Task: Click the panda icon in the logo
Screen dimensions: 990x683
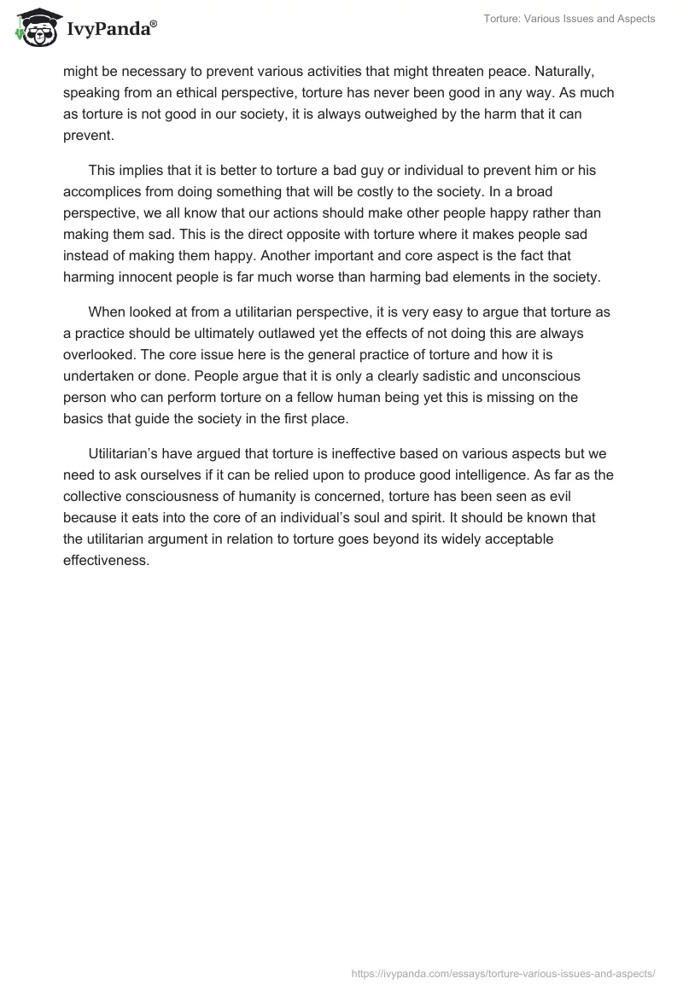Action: click(x=33, y=26)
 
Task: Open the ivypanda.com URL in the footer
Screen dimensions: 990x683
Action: click(x=504, y=972)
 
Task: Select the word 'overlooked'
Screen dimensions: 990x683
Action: click(x=97, y=355)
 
